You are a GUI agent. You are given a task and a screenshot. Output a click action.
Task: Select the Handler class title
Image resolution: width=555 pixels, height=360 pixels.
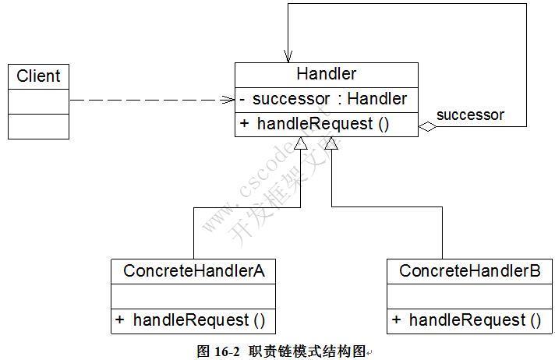point(326,74)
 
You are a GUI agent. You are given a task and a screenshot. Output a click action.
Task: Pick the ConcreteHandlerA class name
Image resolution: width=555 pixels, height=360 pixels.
point(194,271)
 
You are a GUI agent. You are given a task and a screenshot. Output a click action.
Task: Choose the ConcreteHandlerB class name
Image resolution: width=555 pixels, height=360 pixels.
point(469,271)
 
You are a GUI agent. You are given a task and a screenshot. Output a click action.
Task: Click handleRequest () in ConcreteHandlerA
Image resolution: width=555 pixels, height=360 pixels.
point(192,319)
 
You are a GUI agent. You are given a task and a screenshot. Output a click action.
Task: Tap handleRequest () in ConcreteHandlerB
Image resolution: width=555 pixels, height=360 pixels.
point(467,319)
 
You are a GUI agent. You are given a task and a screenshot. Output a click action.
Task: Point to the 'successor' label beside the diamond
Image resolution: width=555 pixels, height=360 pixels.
point(470,115)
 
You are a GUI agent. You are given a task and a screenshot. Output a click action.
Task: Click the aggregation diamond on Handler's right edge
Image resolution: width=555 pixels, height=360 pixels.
point(426,125)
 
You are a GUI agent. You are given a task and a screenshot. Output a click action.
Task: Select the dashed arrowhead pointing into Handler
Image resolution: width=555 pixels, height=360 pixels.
point(228,100)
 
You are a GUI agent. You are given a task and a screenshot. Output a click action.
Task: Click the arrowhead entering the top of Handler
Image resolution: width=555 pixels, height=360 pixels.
point(288,55)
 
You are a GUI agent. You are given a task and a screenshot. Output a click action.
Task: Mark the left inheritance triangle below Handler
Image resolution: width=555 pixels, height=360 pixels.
point(301,143)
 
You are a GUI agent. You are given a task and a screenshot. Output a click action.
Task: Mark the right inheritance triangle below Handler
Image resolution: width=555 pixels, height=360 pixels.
point(331,143)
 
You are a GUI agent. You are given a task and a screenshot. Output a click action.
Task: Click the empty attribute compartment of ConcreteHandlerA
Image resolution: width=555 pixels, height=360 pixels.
point(193,295)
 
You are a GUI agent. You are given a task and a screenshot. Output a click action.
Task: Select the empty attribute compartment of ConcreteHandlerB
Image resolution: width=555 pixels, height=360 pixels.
point(468,295)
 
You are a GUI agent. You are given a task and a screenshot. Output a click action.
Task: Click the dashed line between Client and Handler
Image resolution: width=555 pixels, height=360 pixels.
point(148,100)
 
